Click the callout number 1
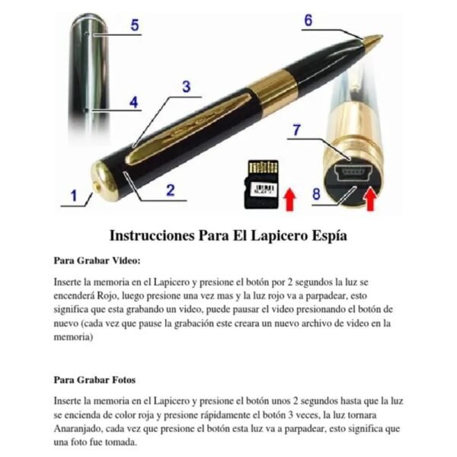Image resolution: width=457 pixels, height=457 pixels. tap(74, 196)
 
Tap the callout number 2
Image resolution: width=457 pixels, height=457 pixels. tap(171, 190)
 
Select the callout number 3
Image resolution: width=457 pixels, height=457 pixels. tap(187, 87)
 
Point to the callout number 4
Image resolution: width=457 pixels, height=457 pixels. tap(133, 102)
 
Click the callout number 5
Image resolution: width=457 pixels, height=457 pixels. tap(135, 25)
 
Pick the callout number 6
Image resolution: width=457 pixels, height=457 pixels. tap(308, 21)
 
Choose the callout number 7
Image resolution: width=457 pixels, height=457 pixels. tap(296, 130)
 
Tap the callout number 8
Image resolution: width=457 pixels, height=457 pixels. tap(317, 193)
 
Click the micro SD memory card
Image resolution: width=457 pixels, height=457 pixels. tap(261, 184)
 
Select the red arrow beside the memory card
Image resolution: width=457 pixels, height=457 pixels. tap(290, 200)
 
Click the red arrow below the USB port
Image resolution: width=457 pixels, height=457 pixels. tap(370, 199)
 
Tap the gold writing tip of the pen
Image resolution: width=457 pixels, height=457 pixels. tap(373, 40)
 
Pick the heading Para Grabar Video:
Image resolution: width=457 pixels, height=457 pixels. tap(97, 260)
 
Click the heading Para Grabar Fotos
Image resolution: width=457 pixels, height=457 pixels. tap(94, 380)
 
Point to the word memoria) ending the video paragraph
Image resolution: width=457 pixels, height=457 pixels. tap(73, 337)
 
